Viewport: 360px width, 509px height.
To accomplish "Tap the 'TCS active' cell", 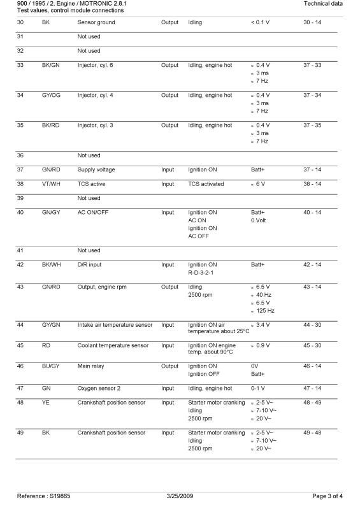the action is (92, 183).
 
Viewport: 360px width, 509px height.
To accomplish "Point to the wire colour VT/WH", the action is (50, 183).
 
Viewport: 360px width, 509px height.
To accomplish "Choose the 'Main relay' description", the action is (92, 366).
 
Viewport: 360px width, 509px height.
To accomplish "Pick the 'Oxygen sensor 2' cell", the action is (99, 388).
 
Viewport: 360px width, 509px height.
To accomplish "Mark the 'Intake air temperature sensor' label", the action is (115, 325).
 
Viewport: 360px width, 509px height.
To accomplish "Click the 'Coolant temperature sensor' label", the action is (113, 345).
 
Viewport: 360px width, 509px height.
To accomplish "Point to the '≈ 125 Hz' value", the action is (263, 310).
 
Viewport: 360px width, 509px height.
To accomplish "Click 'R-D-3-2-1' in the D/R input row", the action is (203, 271).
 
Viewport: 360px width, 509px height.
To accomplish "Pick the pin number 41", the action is (20, 250).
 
